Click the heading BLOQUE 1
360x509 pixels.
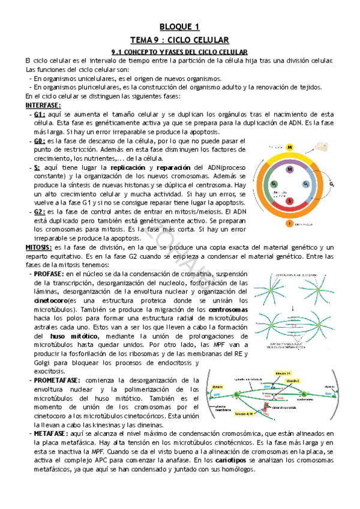tap(179, 26)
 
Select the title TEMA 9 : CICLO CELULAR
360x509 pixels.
tap(179, 40)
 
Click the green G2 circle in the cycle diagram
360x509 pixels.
tap(274, 184)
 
